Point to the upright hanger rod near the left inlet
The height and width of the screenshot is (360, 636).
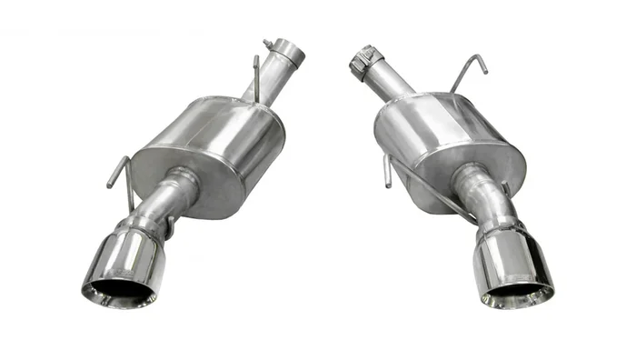255,78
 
